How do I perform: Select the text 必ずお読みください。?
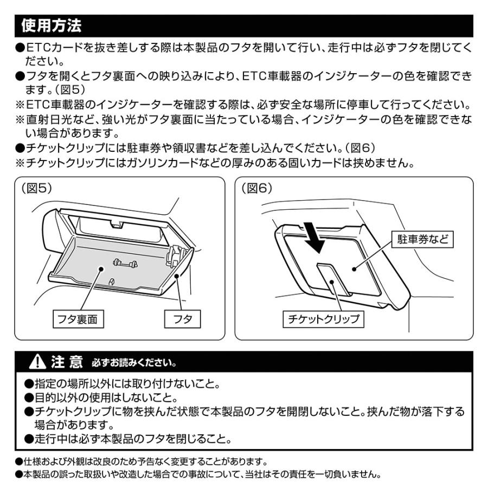point(133,362)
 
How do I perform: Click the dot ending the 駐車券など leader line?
point(352,268)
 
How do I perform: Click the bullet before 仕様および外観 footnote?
point(18,462)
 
